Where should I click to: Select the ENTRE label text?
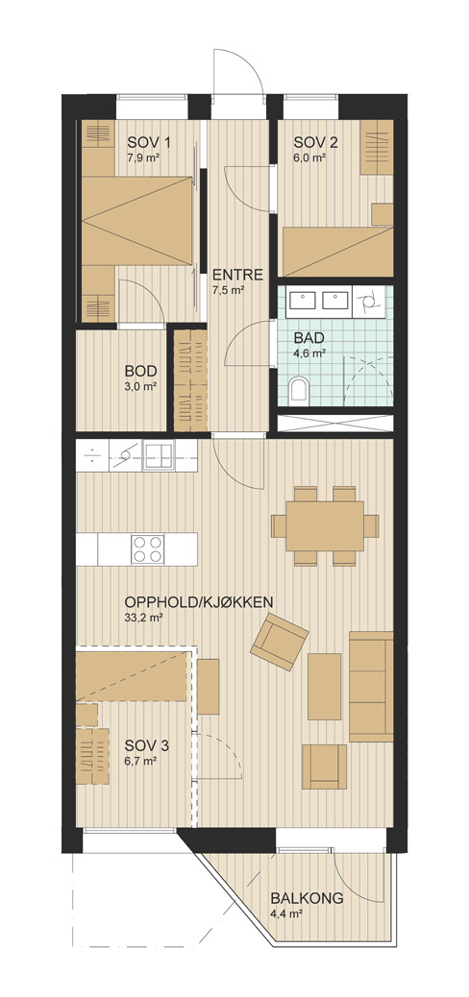[x=238, y=276]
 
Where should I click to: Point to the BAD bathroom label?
[x=309, y=337]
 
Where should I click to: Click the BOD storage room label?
[x=141, y=372]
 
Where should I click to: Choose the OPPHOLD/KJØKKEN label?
[x=199, y=601]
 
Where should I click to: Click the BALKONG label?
[x=307, y=898]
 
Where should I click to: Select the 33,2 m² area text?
[x=142, y=616]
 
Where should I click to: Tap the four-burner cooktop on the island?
[x=148, y=548]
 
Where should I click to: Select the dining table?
[x=325, y=525]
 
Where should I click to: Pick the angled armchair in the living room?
[x=280, y=642]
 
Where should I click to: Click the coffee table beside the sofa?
[x=325, y=686]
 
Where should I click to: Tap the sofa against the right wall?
[x=371, y=686]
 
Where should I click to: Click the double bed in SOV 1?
[x=136, y=221]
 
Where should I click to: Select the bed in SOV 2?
[x=337, y=252]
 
